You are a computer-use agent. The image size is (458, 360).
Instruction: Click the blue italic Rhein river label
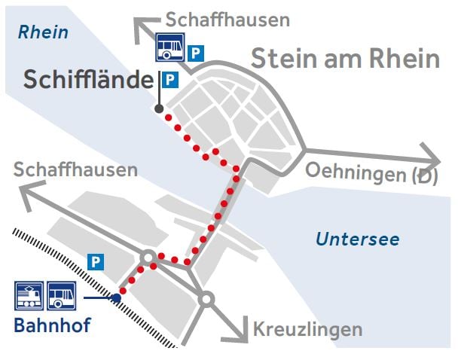43,32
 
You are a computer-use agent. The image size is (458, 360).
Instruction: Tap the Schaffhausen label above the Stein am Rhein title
227,20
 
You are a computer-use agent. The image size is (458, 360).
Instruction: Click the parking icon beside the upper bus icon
196,53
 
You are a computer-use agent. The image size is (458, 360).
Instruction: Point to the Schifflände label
87,79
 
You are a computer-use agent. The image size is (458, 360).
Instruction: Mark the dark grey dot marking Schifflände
159,109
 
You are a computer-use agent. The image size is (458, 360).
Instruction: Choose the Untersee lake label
357,240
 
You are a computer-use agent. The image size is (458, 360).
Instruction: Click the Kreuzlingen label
307,329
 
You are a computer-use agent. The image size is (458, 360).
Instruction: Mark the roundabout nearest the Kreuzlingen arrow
206,300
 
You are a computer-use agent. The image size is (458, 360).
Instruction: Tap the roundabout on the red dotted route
149,258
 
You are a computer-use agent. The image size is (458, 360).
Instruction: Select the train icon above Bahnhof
29,296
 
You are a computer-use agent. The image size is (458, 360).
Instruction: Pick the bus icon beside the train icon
61,296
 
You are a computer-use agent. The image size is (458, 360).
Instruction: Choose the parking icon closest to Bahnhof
95,262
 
